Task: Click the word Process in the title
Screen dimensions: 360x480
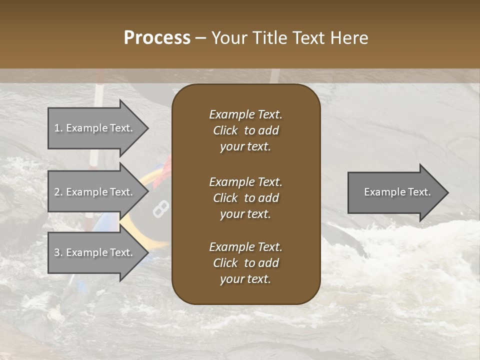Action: point(157,38)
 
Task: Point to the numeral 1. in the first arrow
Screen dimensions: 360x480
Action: point(58,128)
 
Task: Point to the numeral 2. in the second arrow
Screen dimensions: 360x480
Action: point(58,192)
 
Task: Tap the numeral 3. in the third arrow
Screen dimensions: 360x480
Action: point(58,252)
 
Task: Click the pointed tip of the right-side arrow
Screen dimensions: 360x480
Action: point(446,192)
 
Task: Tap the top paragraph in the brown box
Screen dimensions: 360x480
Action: point(245,130)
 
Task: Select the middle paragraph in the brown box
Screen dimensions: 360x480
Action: point(245,197)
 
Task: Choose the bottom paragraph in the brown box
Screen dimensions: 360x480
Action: point(245,263)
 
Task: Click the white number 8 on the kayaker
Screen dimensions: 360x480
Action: point(160,208)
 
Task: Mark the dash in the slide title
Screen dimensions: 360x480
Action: point(200,38)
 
